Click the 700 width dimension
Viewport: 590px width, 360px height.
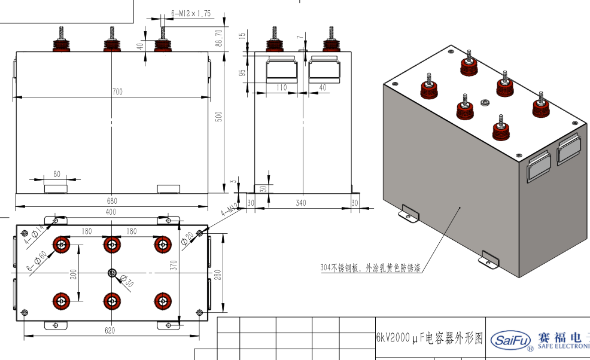click(x=117, y=91)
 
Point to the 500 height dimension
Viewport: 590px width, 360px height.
click(x=219, y=117)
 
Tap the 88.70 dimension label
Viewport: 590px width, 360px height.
click(x=219, y=38)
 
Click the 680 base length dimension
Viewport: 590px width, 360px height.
click(x=112, y=201)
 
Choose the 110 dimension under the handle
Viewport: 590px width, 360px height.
click(x=281, y=87)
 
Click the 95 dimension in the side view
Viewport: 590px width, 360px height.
click(x=243, y=72)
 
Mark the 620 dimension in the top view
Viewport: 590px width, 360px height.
click(x=110, y=330)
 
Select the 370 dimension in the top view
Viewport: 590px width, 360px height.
click(x=174, y=266)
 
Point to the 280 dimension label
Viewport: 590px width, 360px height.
click(x=218, y=274)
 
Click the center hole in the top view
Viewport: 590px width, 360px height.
click(x=112, y=273)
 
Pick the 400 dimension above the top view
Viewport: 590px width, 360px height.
click(x=111, y=212)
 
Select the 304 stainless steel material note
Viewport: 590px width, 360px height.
click(x=371, y=269)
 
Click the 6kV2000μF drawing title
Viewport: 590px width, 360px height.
click(x=429, y=339)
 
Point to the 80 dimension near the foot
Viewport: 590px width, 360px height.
click(x=57, y=174)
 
